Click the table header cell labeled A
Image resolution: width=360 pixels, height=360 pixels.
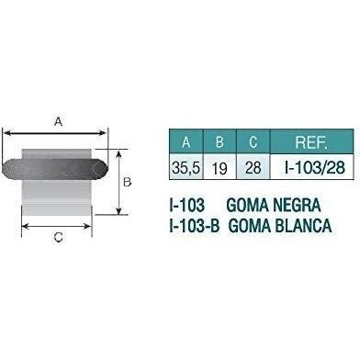click(186, 141)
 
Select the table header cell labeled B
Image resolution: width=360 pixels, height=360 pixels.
click(219, 141)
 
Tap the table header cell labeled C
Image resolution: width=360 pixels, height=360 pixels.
click(253, 141)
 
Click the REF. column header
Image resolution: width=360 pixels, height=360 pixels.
click(311, 141)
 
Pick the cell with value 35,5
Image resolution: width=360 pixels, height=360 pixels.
click(186, 167)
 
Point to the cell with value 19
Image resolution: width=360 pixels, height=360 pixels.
click(219, 167)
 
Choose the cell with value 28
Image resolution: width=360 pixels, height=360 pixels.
click(253, 167)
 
